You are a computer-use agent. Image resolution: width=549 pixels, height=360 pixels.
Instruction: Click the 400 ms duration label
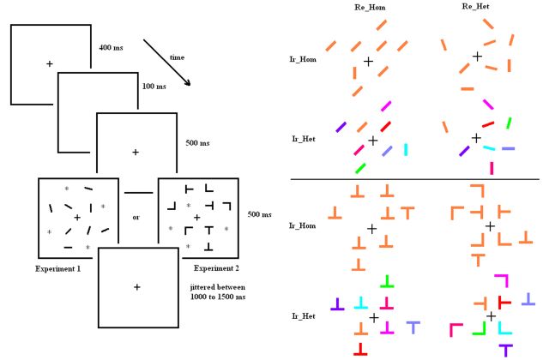(x=112, y=46)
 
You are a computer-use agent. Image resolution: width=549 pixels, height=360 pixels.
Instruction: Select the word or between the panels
(x=136, y=217)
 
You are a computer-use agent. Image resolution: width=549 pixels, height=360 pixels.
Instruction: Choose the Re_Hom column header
(x=370, y=7)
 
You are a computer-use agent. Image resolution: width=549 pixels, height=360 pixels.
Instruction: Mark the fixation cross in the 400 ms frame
(x=49, y=64)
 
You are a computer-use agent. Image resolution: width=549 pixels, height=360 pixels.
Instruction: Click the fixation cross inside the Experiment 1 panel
(x=77, y=218)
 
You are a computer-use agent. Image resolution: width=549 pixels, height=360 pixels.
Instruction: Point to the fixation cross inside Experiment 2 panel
(x=196, y=218)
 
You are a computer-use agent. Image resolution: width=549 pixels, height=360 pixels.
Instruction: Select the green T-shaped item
(x=389, y=280)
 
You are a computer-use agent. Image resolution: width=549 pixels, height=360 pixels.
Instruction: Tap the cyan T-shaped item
(x=361, y=302)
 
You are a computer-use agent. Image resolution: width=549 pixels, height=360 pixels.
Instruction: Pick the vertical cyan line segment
(x=405, y=149)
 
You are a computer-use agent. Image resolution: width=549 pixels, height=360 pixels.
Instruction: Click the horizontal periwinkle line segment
(x=508, y=148)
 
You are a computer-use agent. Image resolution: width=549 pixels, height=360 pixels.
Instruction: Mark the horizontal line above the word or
(x=136, y=192)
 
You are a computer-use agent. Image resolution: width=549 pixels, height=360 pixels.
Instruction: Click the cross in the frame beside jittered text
(x=136, y=286)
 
